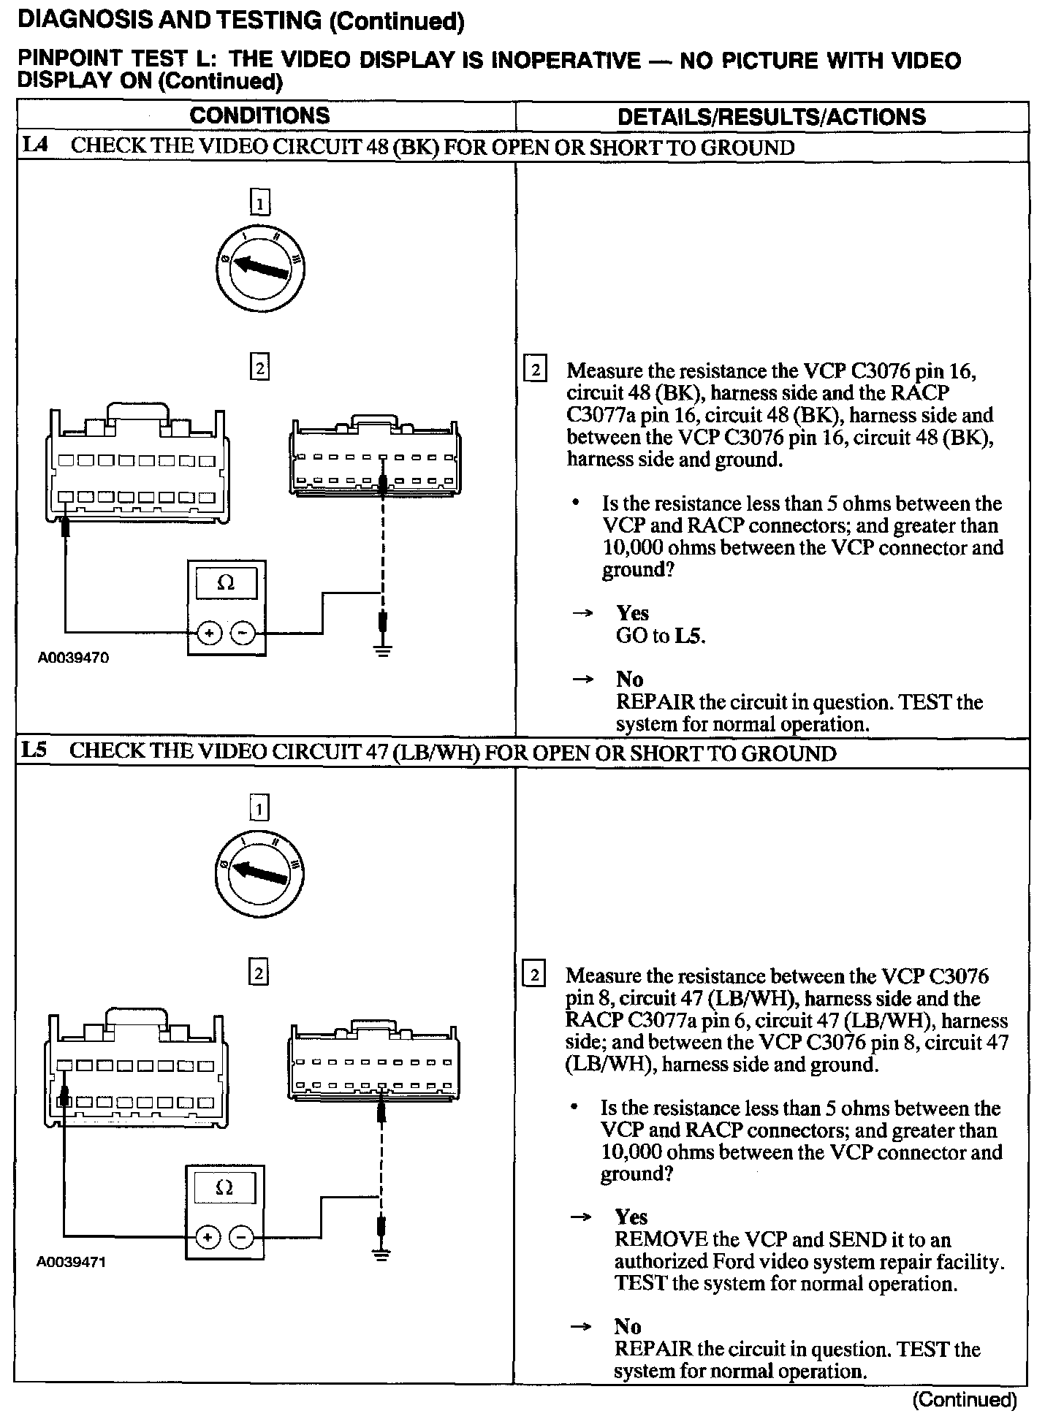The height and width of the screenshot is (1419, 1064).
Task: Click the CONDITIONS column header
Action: point(259,115)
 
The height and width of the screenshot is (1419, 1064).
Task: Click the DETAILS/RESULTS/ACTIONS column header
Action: point(771,117)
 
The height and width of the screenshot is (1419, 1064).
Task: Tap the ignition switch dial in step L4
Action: point(261,270)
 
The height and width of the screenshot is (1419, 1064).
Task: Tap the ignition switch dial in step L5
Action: point(260,872)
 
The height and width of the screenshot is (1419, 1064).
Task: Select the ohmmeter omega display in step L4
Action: point(227,584)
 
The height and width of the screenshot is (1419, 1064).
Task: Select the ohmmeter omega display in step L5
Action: point(225,1188)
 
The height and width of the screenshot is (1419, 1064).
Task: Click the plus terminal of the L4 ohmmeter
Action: point(210,634)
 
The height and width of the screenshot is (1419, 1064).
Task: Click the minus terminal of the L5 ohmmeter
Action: point(241,1237)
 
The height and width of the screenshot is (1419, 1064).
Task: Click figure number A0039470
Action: point(73,658)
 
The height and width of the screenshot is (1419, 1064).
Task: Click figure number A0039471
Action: point(72,1262)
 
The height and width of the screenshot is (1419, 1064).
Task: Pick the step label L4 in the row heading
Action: point(35,145)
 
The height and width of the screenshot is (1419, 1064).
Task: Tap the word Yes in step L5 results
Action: point(631,1217)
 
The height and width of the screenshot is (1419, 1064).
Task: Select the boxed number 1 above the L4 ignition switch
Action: point(259,202)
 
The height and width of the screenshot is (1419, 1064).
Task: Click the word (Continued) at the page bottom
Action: point(965,1399)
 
